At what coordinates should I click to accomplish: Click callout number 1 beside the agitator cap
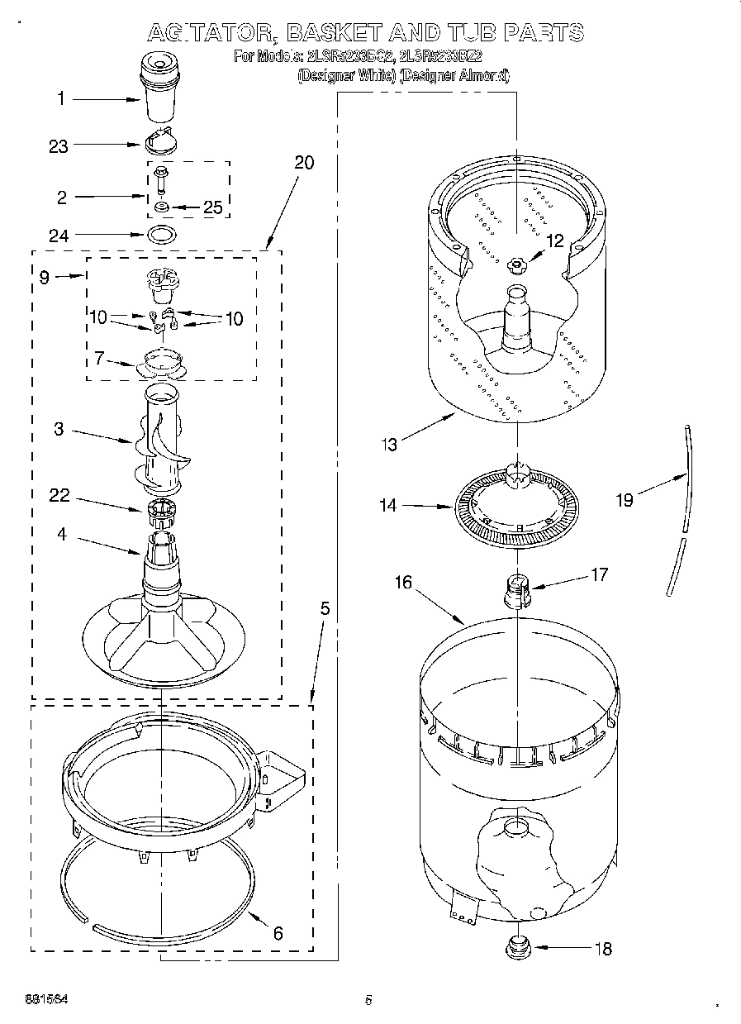coord(59,99)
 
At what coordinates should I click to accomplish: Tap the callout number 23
coord(59,146)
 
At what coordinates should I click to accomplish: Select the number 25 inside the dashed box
coord(212,207)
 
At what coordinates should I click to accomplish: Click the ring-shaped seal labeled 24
coord(163,235)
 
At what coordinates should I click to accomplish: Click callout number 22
coord(59,497)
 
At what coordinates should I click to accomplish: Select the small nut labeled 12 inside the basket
coord(518,264)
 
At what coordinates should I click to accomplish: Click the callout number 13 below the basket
coord(388,445)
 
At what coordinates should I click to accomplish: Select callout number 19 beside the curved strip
coord(625,500)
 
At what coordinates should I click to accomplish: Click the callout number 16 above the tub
coord(403,583)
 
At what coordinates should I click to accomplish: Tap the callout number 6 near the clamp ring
coord(278,933)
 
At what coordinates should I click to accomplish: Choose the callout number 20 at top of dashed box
coord(304,162)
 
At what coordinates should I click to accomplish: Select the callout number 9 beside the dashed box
coord(45,278)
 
